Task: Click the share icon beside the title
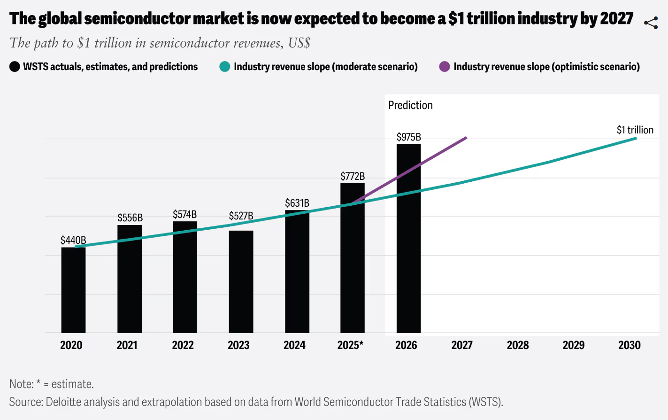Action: tap(651, 23)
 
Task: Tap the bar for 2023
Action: tap(241, 281)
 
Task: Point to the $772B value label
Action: tap(353, 176)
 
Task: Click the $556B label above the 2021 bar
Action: tap(130, 218)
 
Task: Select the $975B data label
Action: tap(408, 137)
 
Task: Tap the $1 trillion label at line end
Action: tap(635, 130)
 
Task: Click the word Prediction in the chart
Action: tap(410, 105)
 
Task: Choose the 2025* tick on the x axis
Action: tap(350, 345)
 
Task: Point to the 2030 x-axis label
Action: tap(629, 345)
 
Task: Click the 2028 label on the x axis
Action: tap(518, 345)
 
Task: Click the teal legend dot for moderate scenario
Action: tap(225, 67)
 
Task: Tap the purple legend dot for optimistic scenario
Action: tap(444, 67)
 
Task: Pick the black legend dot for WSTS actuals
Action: tap(15, 67)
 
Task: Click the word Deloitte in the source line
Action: tap(63, 402)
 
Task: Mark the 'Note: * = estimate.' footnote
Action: tap(52, 384)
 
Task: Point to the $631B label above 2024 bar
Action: tap(297, 203)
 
